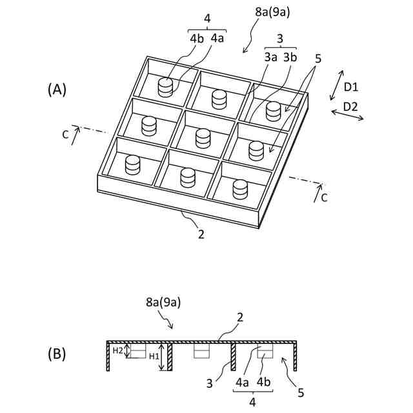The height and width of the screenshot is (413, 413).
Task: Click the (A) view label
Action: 57,90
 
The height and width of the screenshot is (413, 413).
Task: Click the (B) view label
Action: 57,354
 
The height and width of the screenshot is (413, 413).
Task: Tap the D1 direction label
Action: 351,86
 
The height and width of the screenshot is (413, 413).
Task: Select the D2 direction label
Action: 351,106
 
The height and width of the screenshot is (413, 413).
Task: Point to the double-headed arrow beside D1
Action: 337,86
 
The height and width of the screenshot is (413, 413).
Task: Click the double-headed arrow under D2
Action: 347,116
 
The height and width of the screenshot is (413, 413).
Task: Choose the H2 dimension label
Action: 117,350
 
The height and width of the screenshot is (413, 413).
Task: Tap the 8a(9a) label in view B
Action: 163,302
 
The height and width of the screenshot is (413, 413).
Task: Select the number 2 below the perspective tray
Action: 201,235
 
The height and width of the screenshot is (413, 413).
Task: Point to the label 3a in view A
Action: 270,57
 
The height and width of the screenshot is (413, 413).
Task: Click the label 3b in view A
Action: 289,57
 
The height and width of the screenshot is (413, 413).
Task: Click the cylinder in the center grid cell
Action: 203,137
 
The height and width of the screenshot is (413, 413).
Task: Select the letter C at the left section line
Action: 65,134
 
